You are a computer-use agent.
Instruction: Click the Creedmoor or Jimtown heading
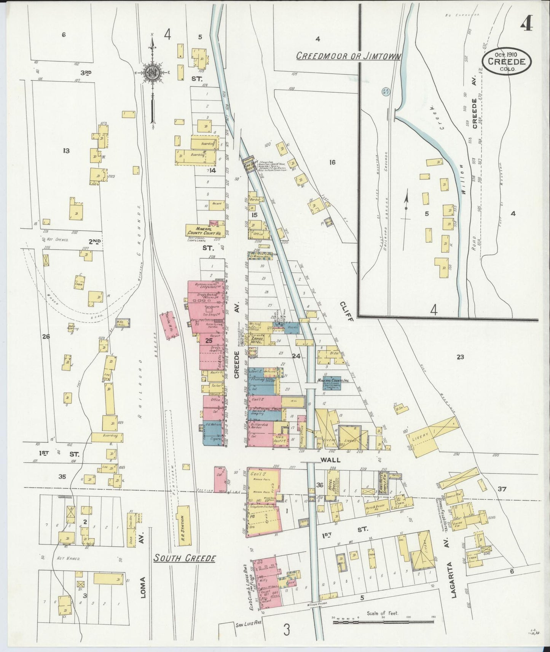pyautogui.click(x=348, y=56)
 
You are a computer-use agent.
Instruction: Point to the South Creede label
pyautogui.click(x=185, y=558)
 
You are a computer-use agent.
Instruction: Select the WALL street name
pyautogui.click(x=330, y=460)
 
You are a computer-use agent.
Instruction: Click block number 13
pyautogui.click(x=66, y=151)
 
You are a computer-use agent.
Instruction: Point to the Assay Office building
pyautogui.click(x=301, y=433)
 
